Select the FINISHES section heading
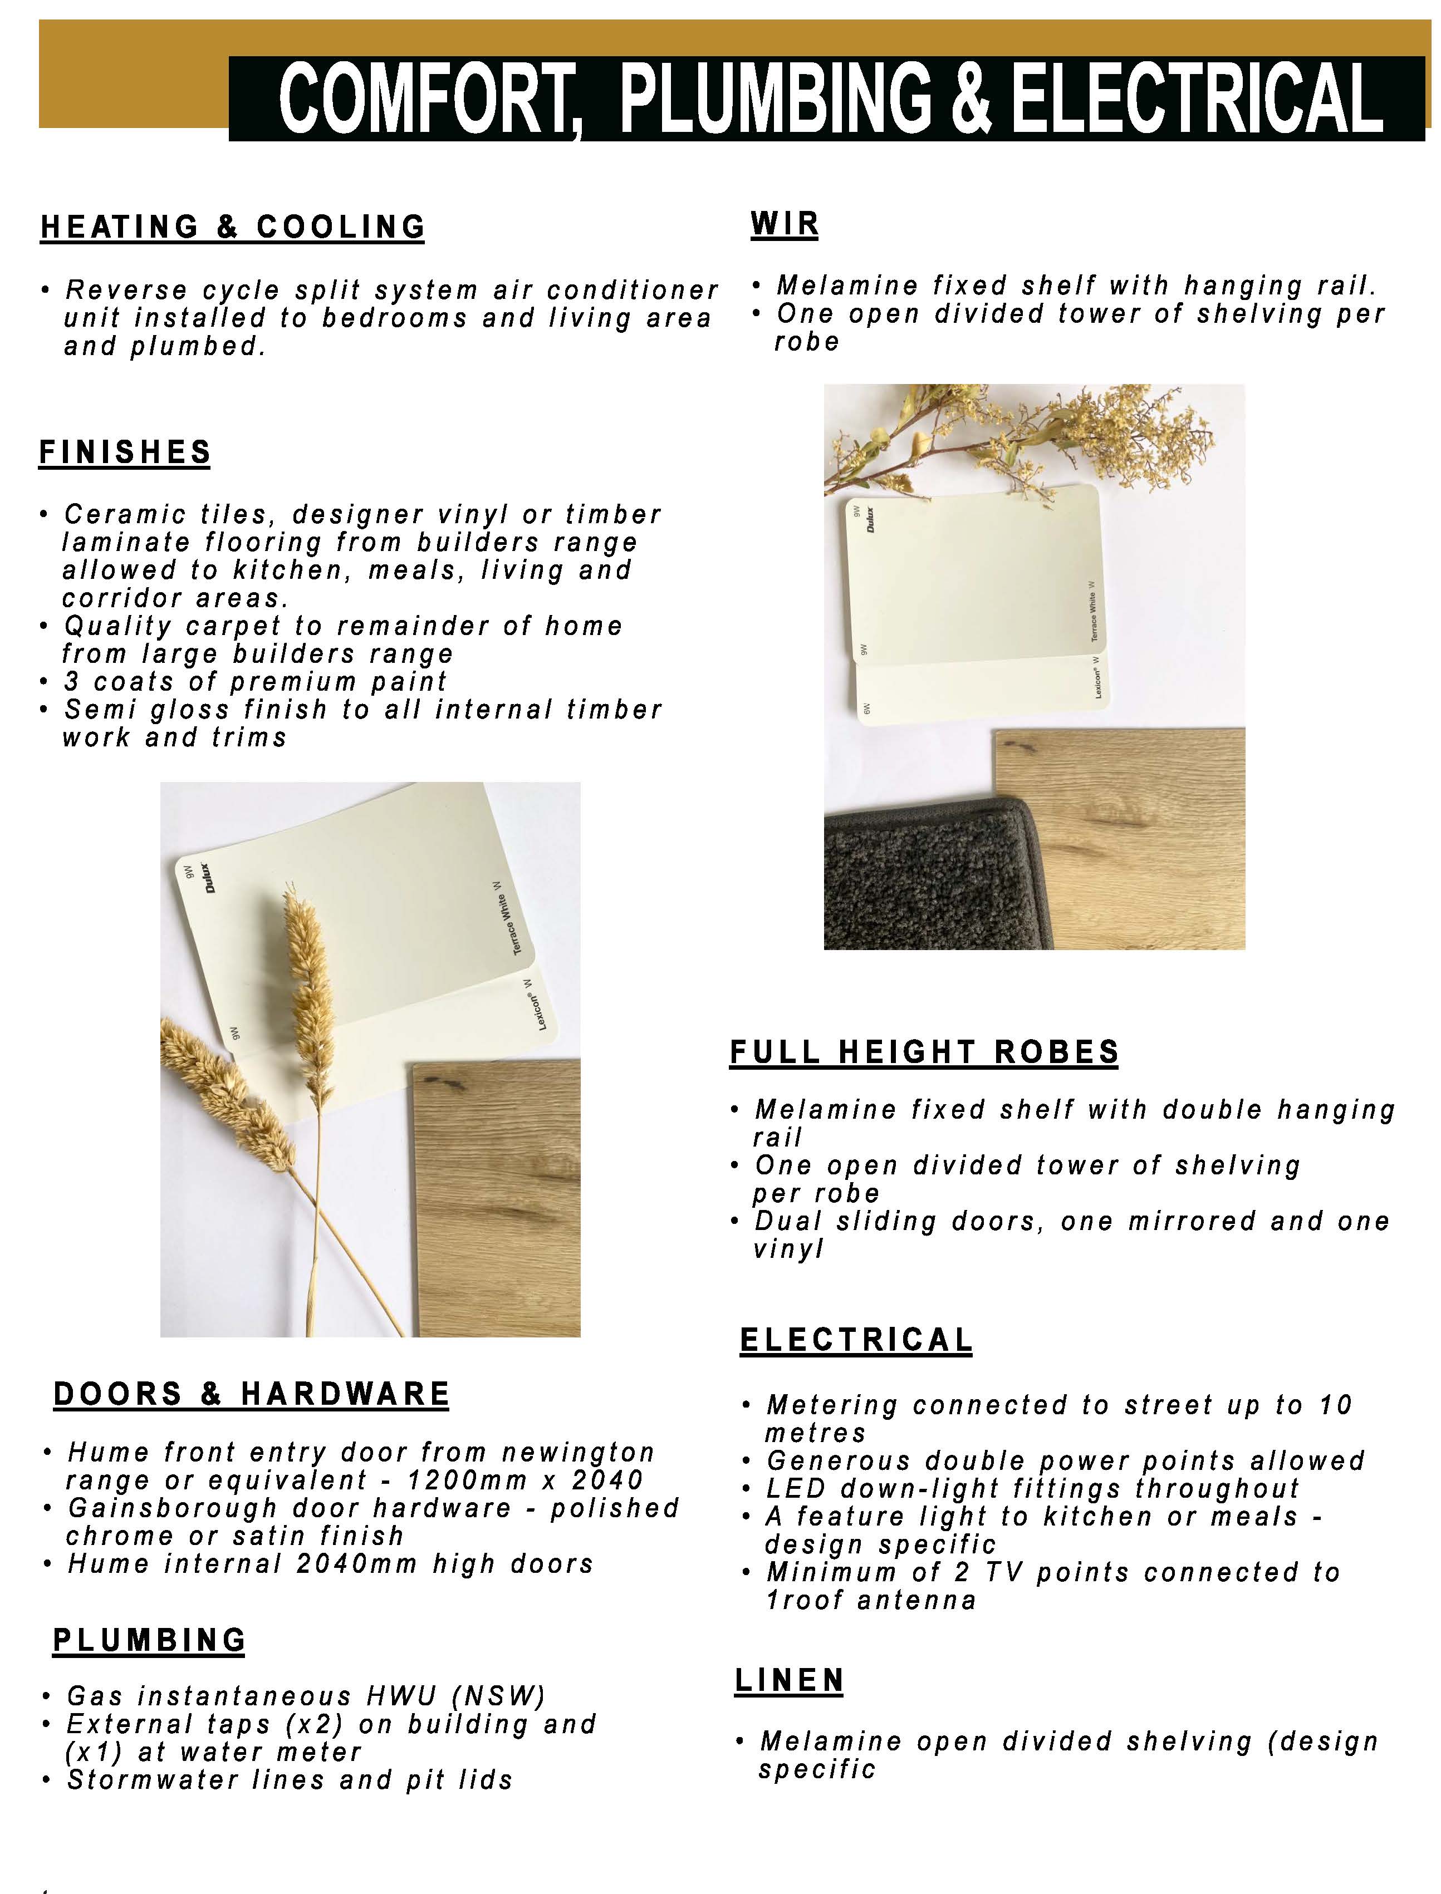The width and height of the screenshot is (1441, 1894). pyautogui.click(x=125, y=452)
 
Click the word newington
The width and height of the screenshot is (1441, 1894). pyautogui.click(x=578, y=1453)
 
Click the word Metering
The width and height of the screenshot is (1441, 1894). pyautogui.click(x=831, y=1405)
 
